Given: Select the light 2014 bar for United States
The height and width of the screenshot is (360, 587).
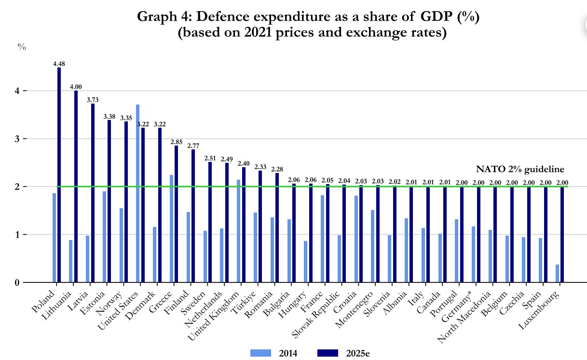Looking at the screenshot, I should click(138, 193).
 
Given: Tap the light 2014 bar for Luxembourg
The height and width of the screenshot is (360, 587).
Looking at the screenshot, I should click(557, 273).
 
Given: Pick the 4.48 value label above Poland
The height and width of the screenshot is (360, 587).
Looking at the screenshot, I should click(59, 64).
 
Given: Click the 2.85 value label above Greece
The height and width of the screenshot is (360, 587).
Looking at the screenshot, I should click(176, 142).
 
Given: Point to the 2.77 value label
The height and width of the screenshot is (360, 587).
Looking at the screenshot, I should click(193, 146).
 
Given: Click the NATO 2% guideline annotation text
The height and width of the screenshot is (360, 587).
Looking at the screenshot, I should click(520, 169).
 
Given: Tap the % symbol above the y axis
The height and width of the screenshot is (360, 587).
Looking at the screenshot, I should click(22, 47).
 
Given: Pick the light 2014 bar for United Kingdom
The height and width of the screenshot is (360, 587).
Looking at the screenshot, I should click(239, 231).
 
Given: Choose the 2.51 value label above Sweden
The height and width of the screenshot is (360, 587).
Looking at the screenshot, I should click(210, 158).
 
